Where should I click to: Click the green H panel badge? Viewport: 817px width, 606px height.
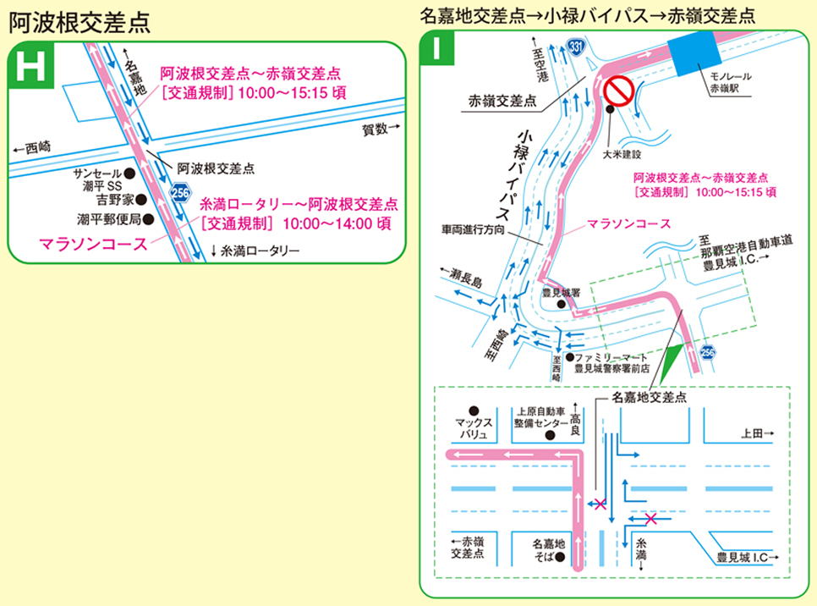(x=29, y=69)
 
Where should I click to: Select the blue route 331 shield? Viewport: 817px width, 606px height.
(x=575, y=46)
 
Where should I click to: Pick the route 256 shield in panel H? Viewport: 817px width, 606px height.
(x=180, y=193)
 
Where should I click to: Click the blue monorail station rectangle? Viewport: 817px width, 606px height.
(x=693, y=53)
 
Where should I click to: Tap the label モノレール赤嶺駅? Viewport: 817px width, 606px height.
(x=729, y=81)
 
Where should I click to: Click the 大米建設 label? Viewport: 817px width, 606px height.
(x=622, y=155)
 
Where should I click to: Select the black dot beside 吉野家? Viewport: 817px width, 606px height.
(x=141, y=200)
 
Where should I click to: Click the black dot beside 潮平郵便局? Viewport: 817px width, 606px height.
(x=148, y=219)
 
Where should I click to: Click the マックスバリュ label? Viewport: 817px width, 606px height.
(x=472, y=427)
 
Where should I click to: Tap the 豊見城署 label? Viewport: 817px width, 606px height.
(x=560, y=292)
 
